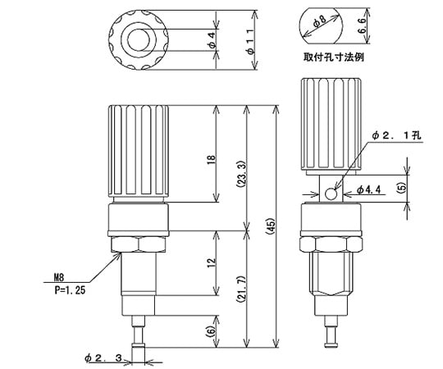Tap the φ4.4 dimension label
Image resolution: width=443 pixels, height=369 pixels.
(x=370, y=191)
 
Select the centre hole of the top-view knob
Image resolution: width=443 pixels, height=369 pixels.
(x=137, y=39)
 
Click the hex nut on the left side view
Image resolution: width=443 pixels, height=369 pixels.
(x=138, y=244)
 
